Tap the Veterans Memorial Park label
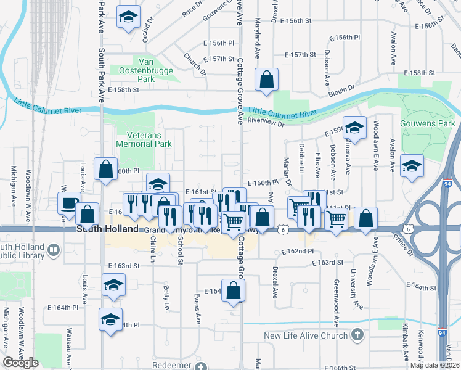click(x=141, y=139)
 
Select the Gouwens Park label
click(x=426, y=123)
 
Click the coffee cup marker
click(x=70, y=203)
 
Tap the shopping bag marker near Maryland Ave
click(x=266, y=80)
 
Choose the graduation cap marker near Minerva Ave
click(x=354, y=128)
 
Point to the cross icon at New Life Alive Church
click(x=356, y=335)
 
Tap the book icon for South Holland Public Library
click(x=54, y=250)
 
